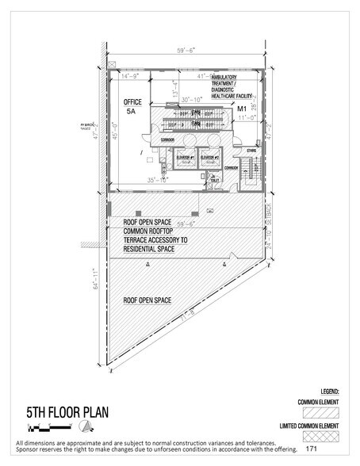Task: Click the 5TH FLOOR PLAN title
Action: point(57,413)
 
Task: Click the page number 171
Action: point(324,449)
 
